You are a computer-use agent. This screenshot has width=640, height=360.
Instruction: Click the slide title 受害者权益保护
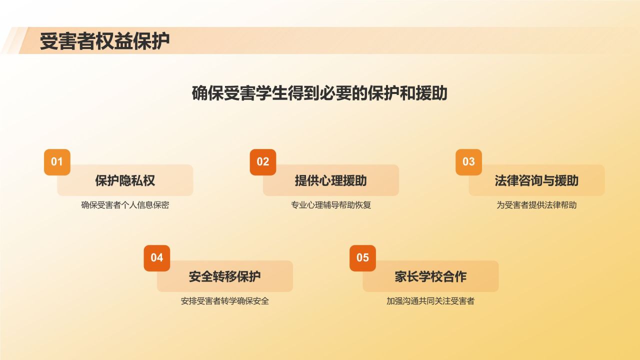coord(104,41)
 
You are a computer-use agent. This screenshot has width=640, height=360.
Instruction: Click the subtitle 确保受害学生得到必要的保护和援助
coord(319,93)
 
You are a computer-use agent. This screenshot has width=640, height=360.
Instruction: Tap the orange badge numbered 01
coord(57,162)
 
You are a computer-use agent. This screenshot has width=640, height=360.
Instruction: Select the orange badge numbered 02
coord(263,162)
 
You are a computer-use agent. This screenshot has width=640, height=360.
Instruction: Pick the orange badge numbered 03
coord(468,162)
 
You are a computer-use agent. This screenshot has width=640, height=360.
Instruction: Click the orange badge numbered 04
coord(157,258)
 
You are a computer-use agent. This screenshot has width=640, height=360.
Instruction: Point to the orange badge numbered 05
coord(362,258)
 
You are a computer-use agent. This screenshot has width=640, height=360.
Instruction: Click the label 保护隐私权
coord(125,180)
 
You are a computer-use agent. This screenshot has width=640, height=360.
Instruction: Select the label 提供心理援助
coord(330,180)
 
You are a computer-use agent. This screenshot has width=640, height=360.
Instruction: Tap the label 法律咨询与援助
coord(536,180)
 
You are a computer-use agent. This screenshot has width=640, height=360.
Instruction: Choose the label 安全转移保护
coord(224,276)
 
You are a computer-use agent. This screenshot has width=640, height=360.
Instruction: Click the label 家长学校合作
coord(430,276)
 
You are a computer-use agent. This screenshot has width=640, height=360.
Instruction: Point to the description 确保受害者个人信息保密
coord(125,205)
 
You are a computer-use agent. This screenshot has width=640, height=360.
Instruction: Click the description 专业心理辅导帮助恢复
coord(331,205)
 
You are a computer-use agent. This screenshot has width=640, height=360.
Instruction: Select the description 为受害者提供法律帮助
coord(536,205)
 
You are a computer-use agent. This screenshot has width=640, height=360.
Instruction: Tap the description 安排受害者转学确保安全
coord(225,301)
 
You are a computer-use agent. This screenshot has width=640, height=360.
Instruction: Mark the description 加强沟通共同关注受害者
coord(430,301)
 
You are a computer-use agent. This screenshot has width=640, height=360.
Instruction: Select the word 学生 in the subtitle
coord(271,93)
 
